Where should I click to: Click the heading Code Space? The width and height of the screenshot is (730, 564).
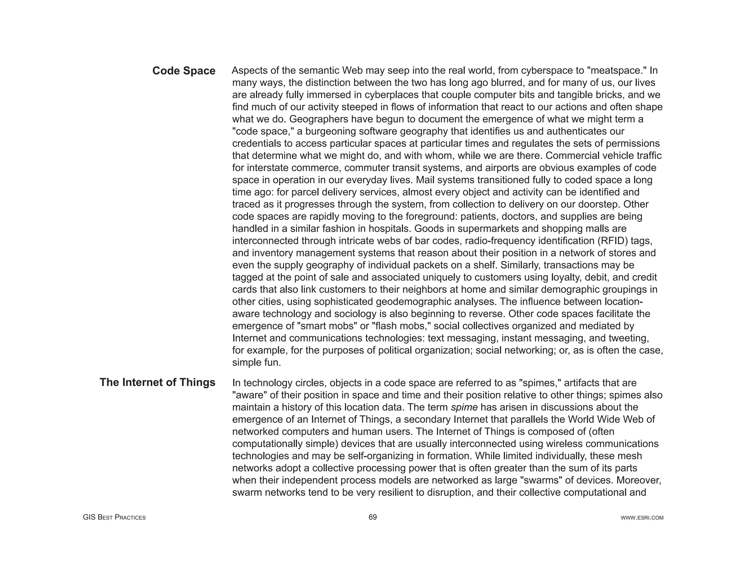click(x=184, y=71)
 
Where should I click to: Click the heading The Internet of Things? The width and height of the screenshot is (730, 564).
click(x=157, y=382)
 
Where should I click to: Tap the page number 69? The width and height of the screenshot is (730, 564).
click(x=372, y=517)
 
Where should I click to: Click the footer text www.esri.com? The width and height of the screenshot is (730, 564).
click(x=642, y=518)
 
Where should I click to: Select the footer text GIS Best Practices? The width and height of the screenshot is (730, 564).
click(x=114, y=517)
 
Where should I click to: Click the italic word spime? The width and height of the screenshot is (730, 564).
click(x=464, y=407)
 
